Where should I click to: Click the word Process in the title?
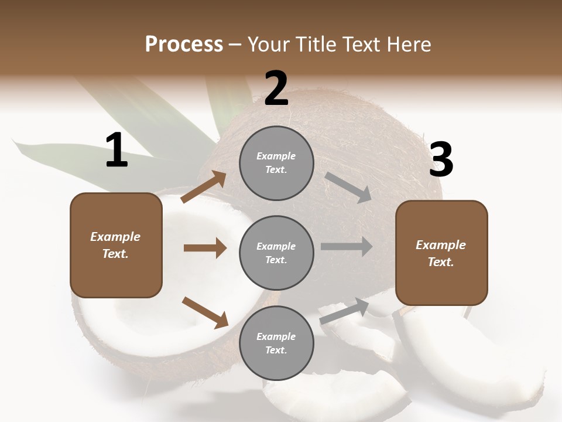184,44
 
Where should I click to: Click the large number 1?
116,150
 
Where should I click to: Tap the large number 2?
276,89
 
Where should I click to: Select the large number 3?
441,160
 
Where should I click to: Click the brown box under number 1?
116,245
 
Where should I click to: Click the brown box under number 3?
441,253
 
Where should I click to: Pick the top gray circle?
276,163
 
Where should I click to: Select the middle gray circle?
276,253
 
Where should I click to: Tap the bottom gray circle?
276,343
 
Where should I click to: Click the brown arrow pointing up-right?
204,187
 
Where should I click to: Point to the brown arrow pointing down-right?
205,312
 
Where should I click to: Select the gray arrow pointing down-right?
348,187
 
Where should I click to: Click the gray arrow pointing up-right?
344,311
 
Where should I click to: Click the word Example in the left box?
115,237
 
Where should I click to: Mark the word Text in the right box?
440,262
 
